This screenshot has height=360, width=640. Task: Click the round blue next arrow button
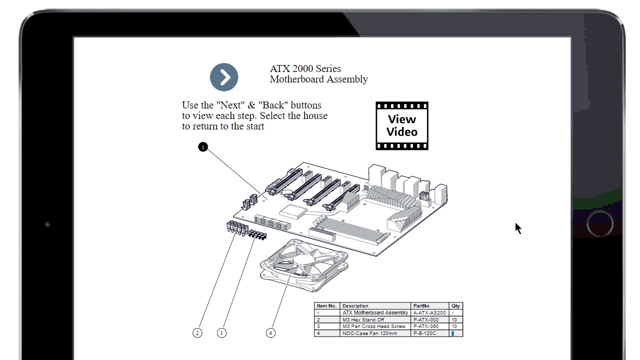coord(224,77)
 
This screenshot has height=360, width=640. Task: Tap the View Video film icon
coord(402,125)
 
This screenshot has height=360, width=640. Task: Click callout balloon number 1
coord(202,147)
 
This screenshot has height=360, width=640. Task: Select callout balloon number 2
coord(197,332)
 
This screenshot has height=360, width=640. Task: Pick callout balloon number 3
coord(222,332)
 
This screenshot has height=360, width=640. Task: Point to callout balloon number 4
coord(270,332)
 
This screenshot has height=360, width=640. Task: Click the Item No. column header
coord(327,306)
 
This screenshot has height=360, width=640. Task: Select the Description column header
coord(375,306)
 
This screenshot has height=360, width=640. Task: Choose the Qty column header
coord(456,306)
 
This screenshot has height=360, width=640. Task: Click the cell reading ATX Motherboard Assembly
coord(375,313)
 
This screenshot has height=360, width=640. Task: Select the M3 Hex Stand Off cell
coord(363,319)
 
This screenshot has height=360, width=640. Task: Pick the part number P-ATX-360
coord(426,326)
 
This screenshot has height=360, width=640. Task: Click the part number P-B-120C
coord(424,333)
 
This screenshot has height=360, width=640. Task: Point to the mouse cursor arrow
coord(518,228)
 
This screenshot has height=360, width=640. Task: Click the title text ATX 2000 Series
coord(305,68)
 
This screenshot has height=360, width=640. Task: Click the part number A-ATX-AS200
coord(429,313)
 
